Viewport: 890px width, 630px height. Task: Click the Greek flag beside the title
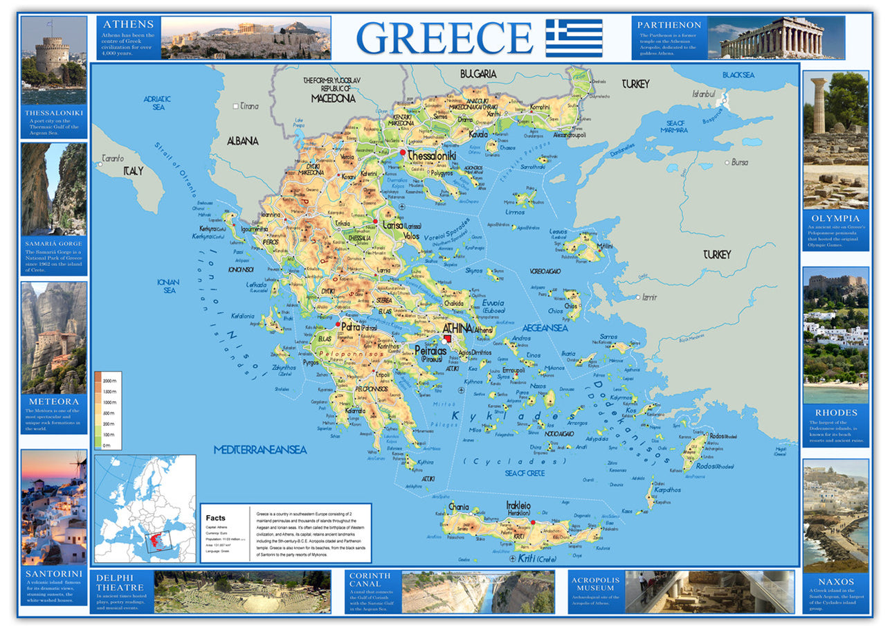(574, 37)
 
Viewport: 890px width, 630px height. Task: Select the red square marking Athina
(448, 338)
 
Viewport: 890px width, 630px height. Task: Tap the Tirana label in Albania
(249, 106)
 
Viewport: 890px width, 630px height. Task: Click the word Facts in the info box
(216, 517)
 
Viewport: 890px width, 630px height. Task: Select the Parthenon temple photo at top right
(775, 37)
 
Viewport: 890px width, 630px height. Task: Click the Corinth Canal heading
(370, 579)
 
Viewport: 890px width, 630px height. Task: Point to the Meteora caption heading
(54, 401)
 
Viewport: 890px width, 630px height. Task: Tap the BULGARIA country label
(478, 73)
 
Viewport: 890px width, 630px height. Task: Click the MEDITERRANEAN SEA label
(260, 449)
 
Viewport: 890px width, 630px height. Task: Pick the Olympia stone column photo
(835, 138)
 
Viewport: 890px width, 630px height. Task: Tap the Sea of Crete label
(524, 473)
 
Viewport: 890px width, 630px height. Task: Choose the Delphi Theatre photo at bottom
(242, 592)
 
